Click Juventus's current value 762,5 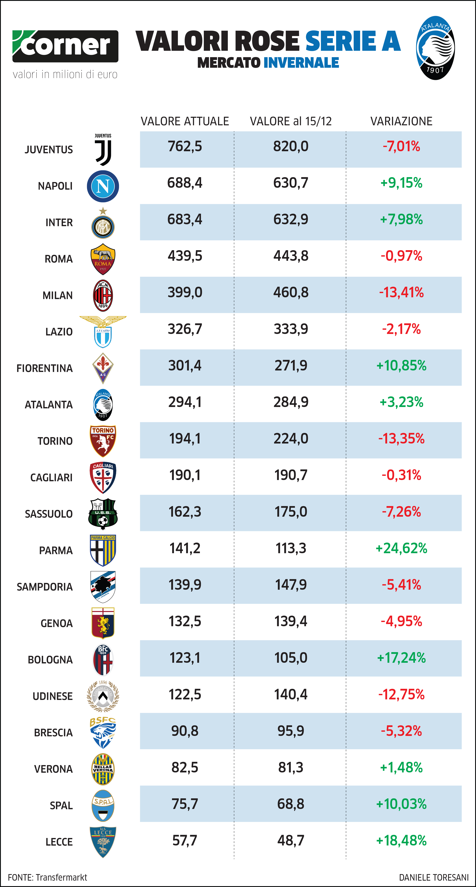(x=185, y=146)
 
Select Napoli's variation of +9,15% (x=401, y=183)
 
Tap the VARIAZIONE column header (x=401, y=121)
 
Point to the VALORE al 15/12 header (x=291, y=121)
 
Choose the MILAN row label (x=58, y=295)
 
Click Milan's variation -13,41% (x=401, y=292)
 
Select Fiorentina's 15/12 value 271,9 (x=291, y=365)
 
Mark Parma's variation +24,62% (x=401, y=548)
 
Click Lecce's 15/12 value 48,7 (x=291, y=841)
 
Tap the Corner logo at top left (x=65, y=46)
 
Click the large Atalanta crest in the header (x=435, y=48)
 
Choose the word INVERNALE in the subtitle (x=302, y=63)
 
